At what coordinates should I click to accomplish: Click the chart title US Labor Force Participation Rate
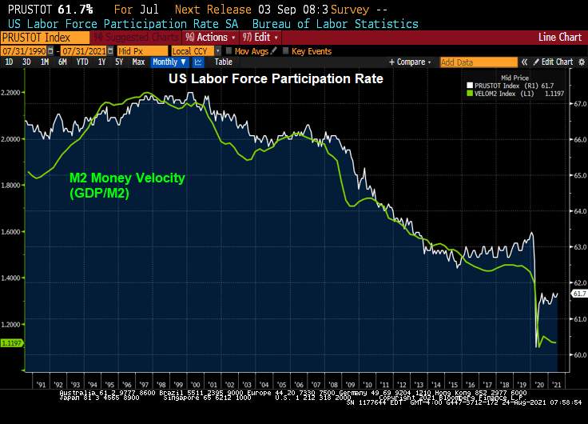tap(275, 79)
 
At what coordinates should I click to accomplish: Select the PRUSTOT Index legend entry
tap(505, 85)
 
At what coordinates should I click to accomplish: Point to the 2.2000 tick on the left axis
tap(14, 94)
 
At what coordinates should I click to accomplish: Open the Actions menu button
tap(210, 37)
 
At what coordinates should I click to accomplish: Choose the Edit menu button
tap(262, 37)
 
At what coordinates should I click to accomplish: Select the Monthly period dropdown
tap(169, 62)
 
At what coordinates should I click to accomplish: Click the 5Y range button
tap(118, 62)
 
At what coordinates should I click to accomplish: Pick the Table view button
tap(224, 62)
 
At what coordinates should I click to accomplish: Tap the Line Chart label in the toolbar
tap(560, 37)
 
